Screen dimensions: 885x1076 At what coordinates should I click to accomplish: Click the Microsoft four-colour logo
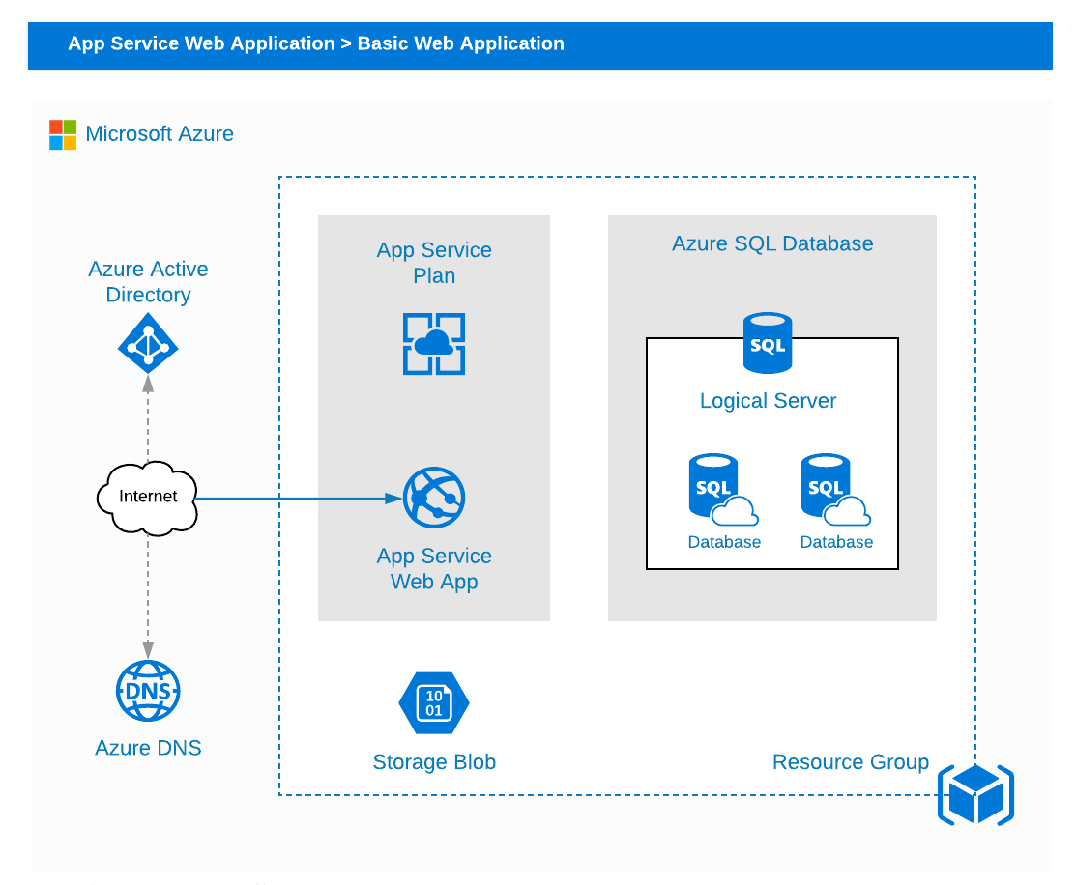point(63,134)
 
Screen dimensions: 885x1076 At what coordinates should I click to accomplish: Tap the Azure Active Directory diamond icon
point(148,343)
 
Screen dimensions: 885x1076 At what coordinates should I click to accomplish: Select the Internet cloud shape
point(148,497)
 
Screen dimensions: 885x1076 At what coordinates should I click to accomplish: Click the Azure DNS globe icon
point(148,691)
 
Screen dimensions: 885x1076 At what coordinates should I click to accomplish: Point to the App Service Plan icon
point(434,344)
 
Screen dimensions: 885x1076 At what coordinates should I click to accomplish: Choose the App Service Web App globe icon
point(434,498)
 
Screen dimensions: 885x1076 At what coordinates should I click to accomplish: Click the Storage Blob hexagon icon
point(434,702)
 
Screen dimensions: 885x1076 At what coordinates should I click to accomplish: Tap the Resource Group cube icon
point(975,795)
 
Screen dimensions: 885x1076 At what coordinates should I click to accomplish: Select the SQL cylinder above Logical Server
point(768,342)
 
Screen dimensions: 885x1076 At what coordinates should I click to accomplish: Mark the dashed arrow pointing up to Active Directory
point(148,415)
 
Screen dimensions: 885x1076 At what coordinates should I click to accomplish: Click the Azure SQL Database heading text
point(772,243)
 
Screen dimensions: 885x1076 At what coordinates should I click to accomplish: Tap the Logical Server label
point(768,401)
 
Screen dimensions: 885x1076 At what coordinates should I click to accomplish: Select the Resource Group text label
point(850,762)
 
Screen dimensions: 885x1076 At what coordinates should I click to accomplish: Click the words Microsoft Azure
point(160,134)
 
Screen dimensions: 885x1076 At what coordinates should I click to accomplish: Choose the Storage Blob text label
point(434,762)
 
